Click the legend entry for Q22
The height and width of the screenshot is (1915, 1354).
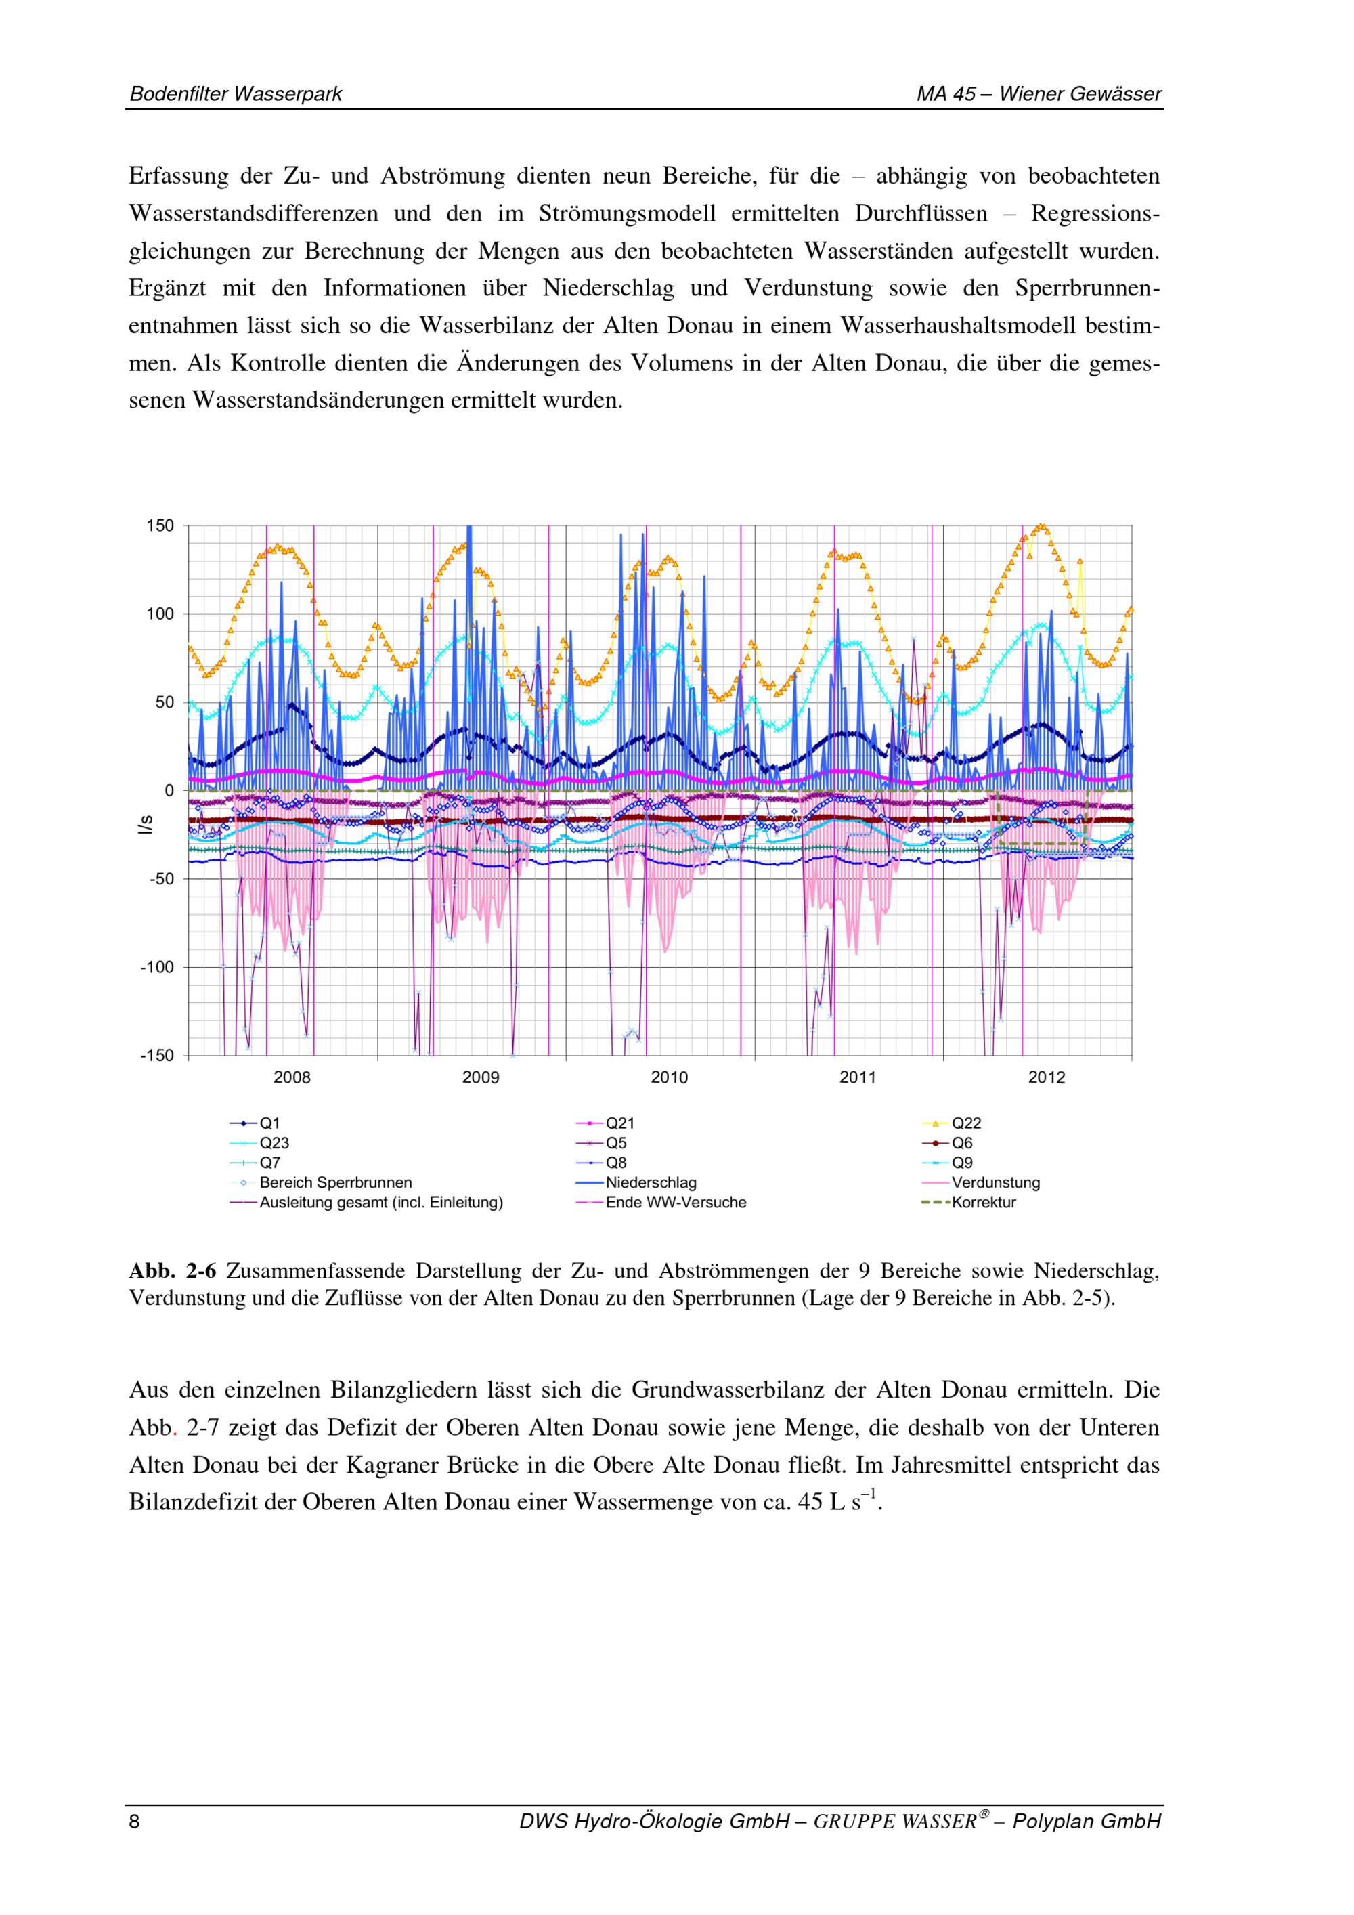[966, 1123]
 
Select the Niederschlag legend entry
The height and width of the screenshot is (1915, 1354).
[651, 1183]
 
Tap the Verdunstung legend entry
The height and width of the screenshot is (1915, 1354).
[995, 1183]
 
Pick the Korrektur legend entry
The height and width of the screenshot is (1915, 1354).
[984, 1203]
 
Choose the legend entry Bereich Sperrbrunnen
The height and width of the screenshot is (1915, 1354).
[335, 1183]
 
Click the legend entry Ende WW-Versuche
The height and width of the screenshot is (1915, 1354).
[676, 1203]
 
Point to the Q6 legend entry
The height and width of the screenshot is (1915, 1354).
[962, 1144]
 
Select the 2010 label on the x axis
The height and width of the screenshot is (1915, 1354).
[669, 1077]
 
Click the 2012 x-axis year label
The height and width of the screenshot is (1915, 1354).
[1047, 1077]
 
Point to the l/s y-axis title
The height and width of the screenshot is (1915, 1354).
[146, 825]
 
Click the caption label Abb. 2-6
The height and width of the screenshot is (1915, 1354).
[173, 1272]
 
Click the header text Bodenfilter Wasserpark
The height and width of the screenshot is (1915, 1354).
[236, 94]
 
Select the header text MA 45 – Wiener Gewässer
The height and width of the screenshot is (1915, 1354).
[1039, 94]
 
